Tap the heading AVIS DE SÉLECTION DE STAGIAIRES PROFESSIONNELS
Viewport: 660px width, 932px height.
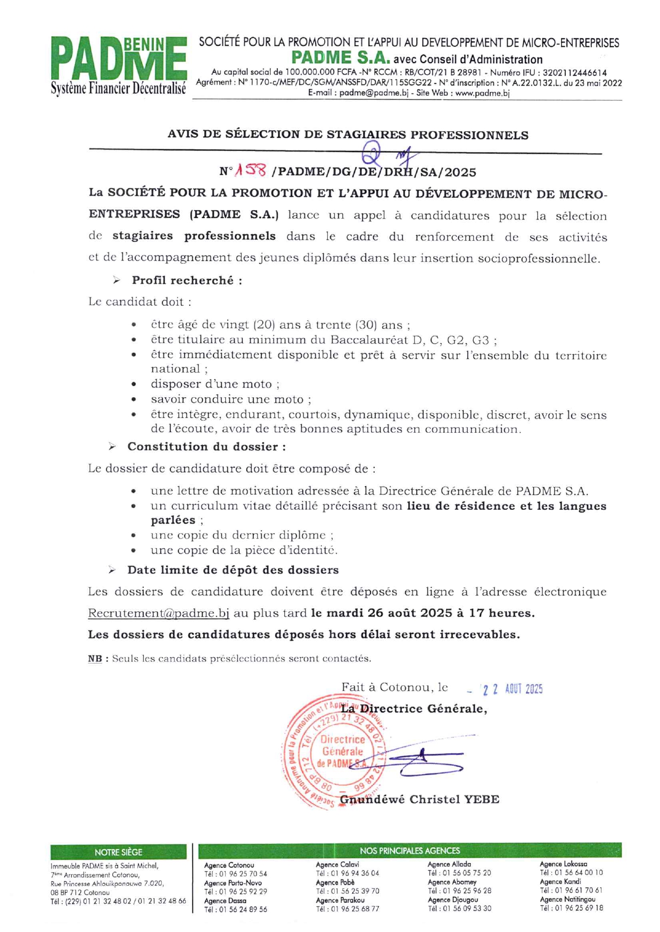pyautogui.click(x=348, y=135)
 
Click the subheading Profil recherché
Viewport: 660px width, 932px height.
pyautogui.click(x=187, y=280)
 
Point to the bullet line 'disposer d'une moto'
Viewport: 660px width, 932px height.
pyautogui.click(x=214, y=384)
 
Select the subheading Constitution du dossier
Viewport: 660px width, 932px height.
pyautogui.click(x=206, y=447)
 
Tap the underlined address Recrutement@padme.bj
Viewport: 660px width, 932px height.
pyautogui.click(x=158, y=613)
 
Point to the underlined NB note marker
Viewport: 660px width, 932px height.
pyautogui.click(x=95, y=659)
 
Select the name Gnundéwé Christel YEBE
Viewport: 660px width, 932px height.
pyautogui.click(x=419, y=800)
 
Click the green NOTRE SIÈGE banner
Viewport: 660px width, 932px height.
pyautogui.click(x=118, y=852)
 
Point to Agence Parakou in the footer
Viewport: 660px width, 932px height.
pyautogui.click(x=340, y=900)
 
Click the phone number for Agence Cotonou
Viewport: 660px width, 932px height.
pyautogui.click(x=235, y=874)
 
